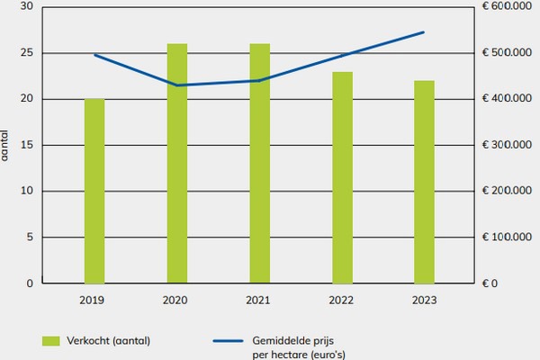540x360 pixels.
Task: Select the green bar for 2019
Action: point(94,191)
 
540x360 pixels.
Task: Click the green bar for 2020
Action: point(177,163)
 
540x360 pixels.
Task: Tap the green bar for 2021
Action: point(259,163)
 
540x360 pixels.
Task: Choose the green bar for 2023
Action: point(424,182)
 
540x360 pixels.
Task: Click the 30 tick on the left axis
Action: point(26,6)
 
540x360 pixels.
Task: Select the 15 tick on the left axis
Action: point(26,145)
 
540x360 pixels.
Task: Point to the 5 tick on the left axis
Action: point(29,238)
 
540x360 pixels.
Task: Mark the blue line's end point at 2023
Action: point(424,32)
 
